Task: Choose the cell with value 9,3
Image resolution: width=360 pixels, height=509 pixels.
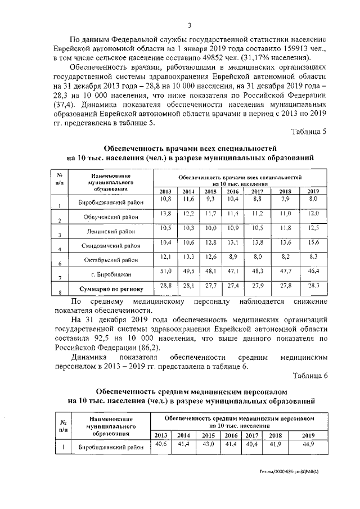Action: [210, 199]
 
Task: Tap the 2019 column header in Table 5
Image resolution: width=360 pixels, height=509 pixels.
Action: [313, 191]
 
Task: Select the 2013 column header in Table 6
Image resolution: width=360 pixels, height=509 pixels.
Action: [161, 435]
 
